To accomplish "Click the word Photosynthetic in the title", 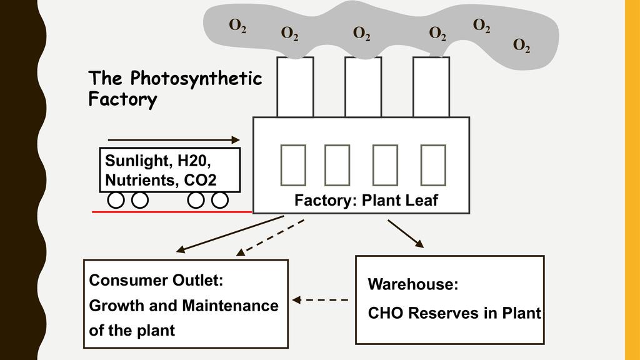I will click(x=196, y=79).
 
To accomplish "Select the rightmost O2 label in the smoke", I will click(x=522, y=45).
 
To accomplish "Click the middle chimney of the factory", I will click(x=363, y=87).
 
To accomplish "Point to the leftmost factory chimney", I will click(x=295, y=87).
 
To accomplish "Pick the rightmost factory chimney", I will click(x=431, y=87).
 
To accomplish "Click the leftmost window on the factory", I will click(x=293, y=165).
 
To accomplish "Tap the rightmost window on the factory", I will click(x=433, y=165).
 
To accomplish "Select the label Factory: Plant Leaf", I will click(x=366, y=201).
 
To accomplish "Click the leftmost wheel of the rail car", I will click(x=116, y=200).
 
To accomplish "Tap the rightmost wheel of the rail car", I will click(x=219, y=200).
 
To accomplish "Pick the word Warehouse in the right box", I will click(x=413, y=285).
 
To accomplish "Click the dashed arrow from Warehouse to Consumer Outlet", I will click(x=320, y=300).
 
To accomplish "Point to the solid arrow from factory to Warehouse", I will click(x=406, y=233).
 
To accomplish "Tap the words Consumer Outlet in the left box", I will click(x=156, y=281).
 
